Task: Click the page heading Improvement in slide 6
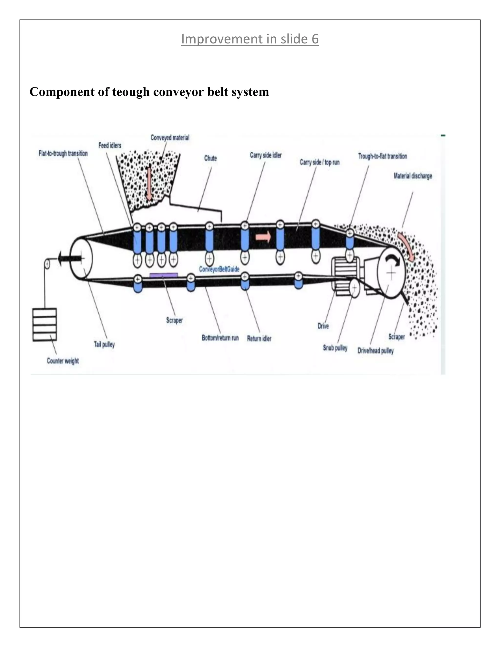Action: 250,39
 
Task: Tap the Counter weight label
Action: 62,361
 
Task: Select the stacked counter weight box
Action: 44,325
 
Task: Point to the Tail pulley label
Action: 104,344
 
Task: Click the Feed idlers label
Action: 110,146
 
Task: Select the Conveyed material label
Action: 170,138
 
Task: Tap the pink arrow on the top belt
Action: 263,236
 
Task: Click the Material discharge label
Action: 413,176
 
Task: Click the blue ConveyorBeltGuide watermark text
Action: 219,269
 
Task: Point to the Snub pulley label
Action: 335,348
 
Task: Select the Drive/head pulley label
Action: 375,351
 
